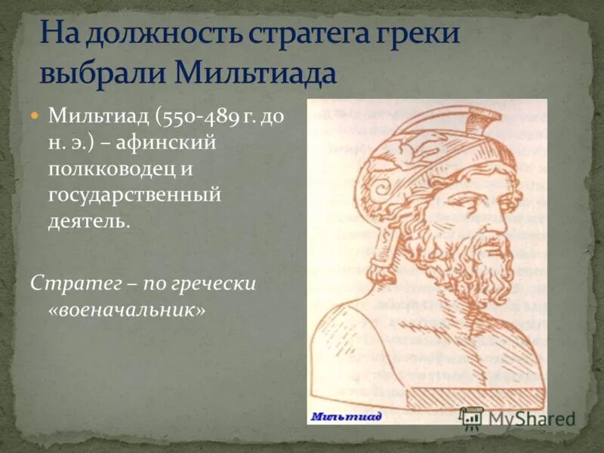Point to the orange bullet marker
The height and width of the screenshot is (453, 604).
pyautogui.click(x=34, y=117)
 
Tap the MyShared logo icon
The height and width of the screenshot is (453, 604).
pyautogui.click(x=472, y=418)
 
